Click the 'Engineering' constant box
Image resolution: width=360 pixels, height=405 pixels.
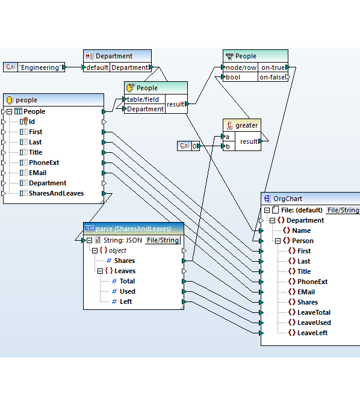click(40, 67)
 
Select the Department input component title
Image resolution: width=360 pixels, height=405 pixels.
click(114, 56)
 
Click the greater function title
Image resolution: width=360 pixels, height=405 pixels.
click(246, 125)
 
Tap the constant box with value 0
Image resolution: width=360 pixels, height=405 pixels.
click(195, 146)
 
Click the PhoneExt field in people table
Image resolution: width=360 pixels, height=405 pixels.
click(43, 162)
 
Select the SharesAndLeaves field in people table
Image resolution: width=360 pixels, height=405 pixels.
click(56, 193)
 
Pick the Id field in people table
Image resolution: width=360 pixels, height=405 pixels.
click(31, 122)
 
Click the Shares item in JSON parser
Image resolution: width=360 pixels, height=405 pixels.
click(124, 261)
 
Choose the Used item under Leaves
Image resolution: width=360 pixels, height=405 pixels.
click(127, 291)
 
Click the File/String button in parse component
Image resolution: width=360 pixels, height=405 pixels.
click(163, 240)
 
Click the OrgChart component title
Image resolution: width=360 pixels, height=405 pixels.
click(287, 199)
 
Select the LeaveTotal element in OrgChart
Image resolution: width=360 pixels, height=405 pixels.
click(314, 312)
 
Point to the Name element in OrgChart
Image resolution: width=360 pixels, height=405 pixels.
click(301, 230)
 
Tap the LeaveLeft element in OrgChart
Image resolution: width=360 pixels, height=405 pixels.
click(312, 333)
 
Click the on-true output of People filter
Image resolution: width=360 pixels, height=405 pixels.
click(272, 67)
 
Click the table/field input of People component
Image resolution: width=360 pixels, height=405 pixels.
click(143, 99)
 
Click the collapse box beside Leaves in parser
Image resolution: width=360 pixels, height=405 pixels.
click(101, 271)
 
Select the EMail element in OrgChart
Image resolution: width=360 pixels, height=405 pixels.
click(306, 292)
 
